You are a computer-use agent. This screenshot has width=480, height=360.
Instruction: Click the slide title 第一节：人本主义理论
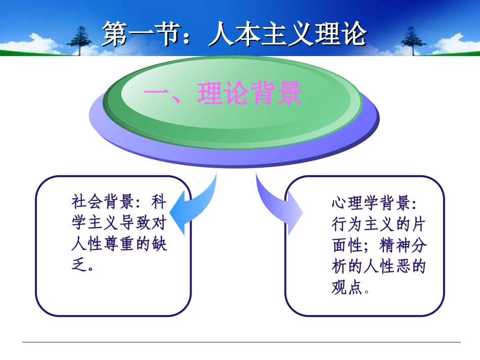234,34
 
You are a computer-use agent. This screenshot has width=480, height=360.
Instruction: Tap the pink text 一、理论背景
223,94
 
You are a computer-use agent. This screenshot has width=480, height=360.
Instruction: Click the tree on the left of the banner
81,40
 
